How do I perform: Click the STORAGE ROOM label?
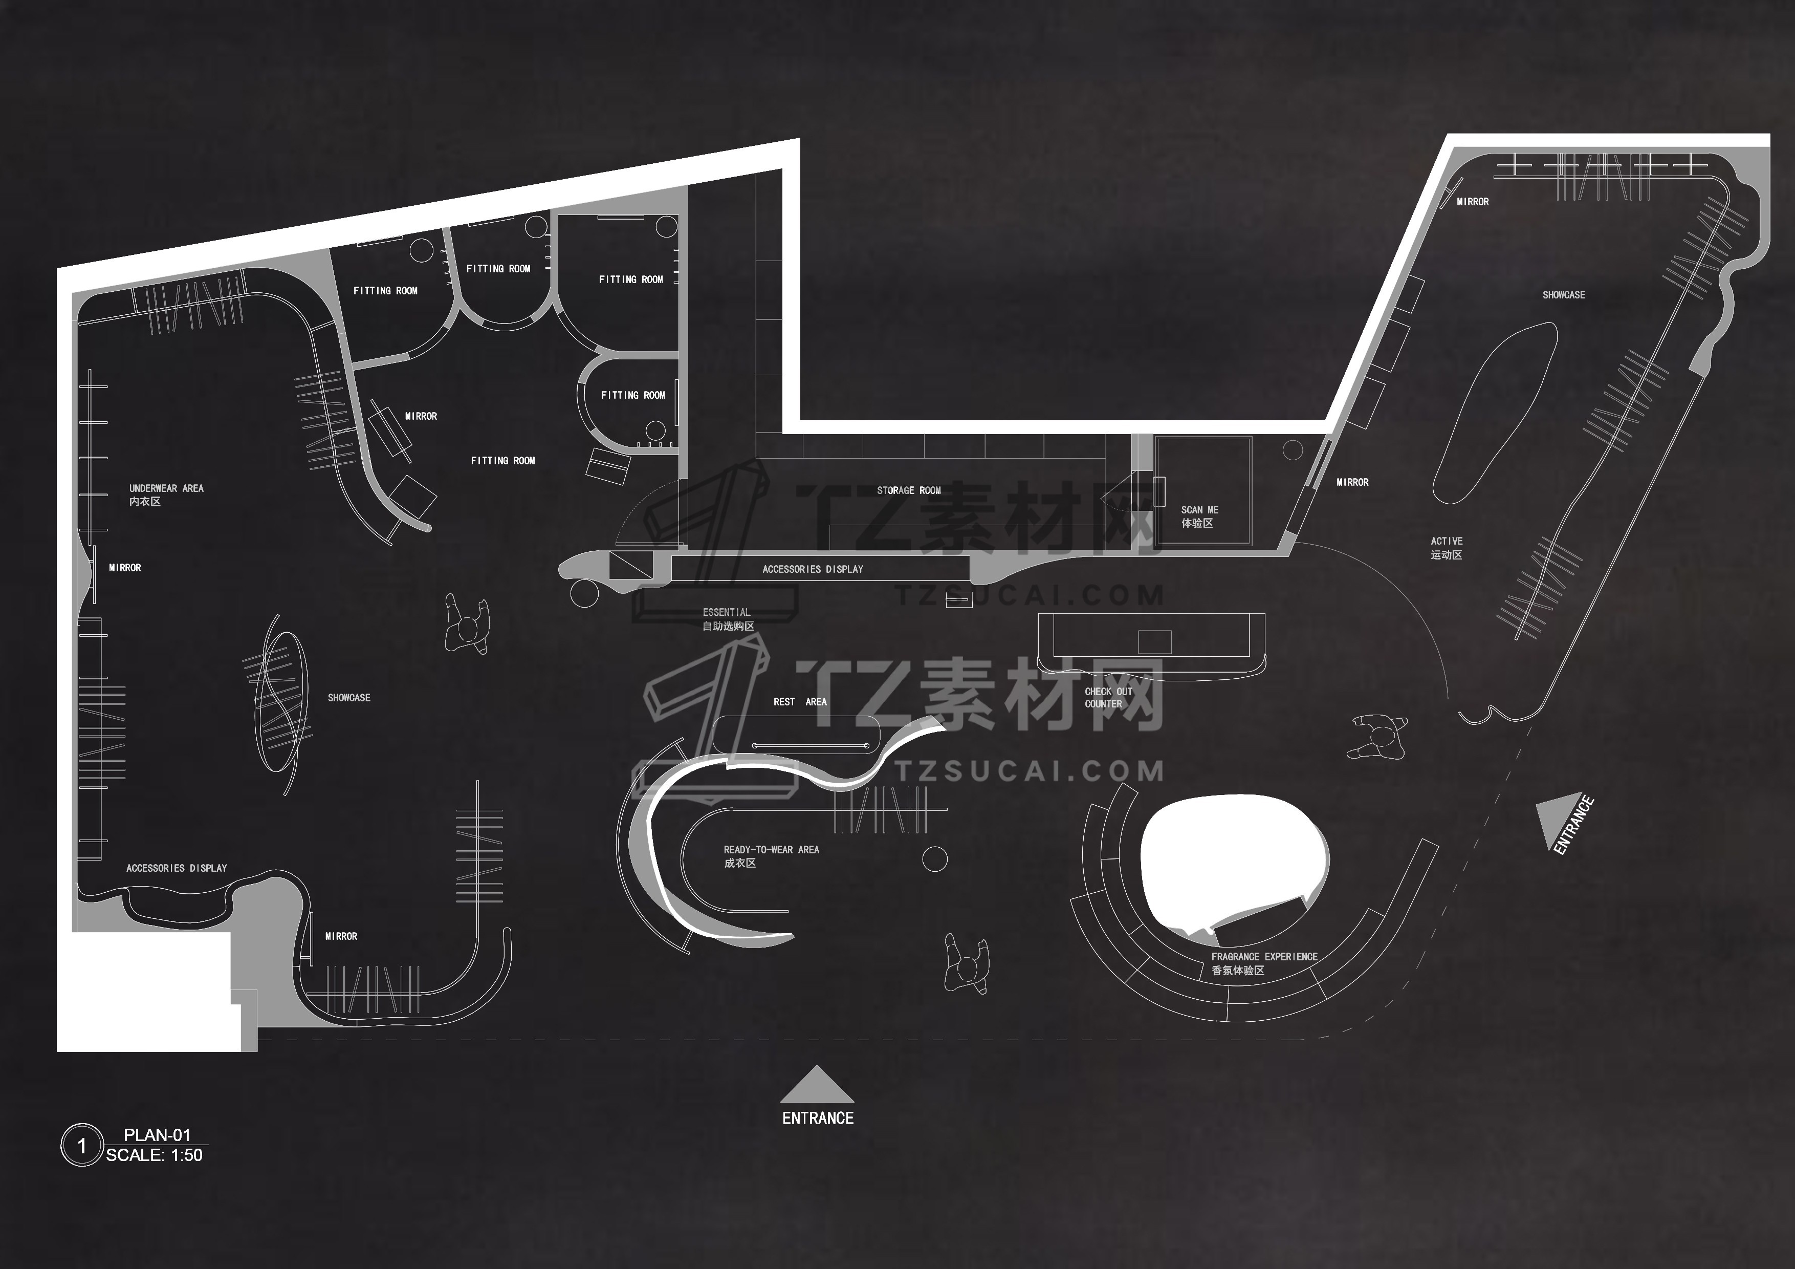pyautogui.click(x=908, y=490)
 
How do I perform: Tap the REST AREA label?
pyautogui.click(x=800, y=701)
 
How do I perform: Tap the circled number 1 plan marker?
pyautogui.click(x=81, y=1146)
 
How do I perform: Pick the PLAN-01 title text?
pyautogui.click(x=157, y=1134)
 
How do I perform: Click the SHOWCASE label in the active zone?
pyautogui.click(x=1564, y=295)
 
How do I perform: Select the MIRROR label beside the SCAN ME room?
pyautogui.click(x=1352, y=482)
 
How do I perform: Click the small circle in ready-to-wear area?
pyautogui.click(x=935, y=858)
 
